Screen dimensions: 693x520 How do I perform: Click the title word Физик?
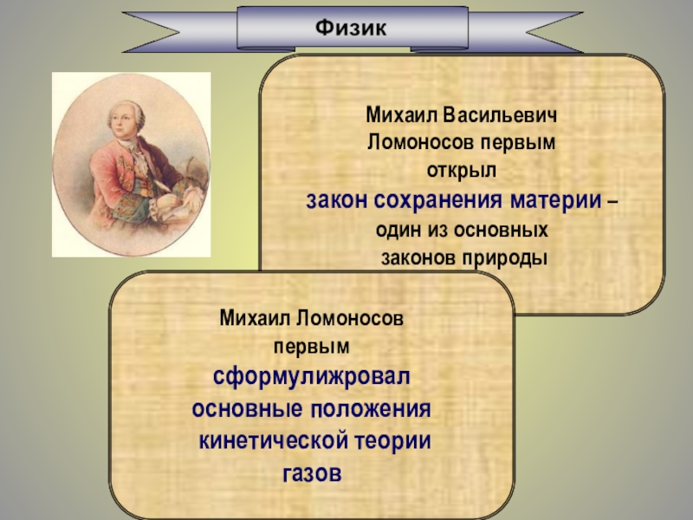pos(351,28)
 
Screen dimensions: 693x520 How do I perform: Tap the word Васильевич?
pos(500,115)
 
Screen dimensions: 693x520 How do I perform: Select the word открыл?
pos(462,171)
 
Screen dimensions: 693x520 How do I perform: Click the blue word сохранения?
pos(438,200)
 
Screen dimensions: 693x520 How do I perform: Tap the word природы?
pos(505,258)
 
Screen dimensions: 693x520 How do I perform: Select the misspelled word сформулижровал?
pos(312,377)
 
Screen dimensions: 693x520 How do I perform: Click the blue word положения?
pos(371,409)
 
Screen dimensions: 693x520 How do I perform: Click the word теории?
pos(393,441)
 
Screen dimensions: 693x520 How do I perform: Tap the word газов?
pos(312,473)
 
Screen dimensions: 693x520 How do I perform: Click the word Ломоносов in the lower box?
pos(350,318)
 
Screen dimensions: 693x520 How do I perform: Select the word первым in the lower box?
pos(312,347)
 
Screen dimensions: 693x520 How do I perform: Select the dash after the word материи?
pos(612,202)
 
